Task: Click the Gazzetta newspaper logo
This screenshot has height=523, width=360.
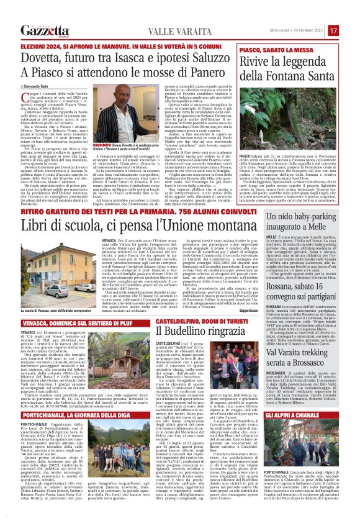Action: [x=44, y=30]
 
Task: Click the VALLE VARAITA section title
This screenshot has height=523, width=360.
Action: [x=155, y=30]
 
